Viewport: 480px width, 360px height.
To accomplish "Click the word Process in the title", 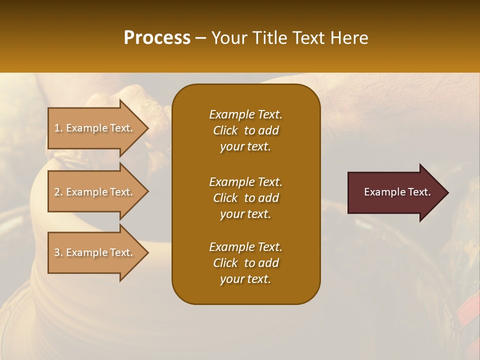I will pos(157,38).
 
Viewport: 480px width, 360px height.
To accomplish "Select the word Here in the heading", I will pos(349,38).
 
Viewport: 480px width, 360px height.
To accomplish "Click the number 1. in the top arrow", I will pos(58,128).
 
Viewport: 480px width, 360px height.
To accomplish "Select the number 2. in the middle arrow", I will pos(58,192).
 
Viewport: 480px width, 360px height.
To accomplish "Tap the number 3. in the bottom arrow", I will pos(58,252).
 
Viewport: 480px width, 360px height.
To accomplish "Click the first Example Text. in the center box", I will pos(245,114).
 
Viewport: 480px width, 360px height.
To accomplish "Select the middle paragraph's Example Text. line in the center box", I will pos(245,181).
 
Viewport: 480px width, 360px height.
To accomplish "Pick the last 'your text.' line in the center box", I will pos(245,279).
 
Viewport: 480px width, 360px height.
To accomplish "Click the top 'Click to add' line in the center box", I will pos(245,130).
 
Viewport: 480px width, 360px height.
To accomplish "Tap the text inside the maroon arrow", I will pos(397,192).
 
